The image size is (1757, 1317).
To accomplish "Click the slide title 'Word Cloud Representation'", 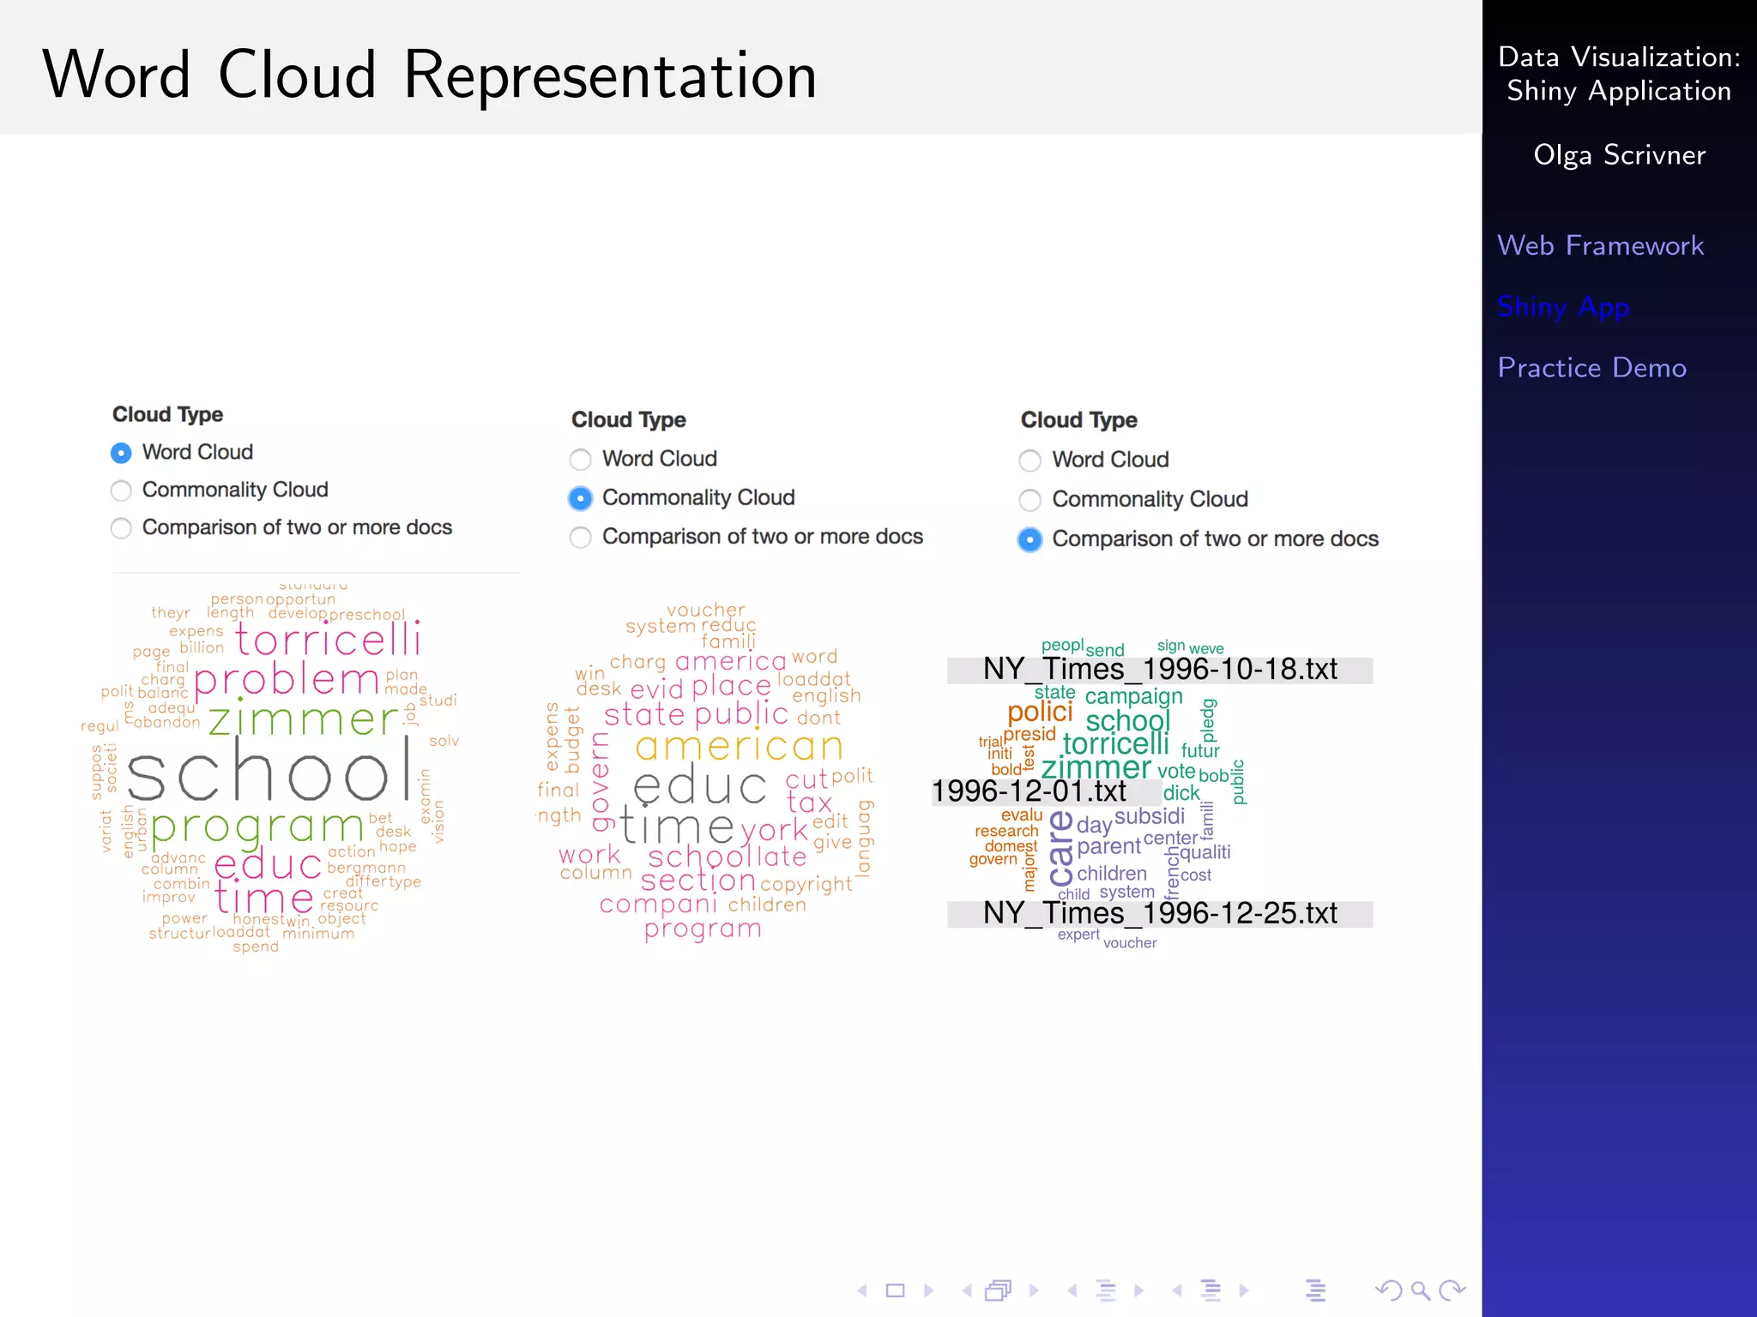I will (429, 75).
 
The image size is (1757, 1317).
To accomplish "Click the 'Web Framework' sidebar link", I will (1600, 246).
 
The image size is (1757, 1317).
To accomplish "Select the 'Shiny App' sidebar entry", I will (1562, 307).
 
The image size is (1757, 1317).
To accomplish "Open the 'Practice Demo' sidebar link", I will (1591, 368).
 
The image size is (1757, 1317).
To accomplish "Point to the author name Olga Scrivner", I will (1619, 155).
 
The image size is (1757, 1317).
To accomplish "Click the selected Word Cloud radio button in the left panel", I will (122, 453).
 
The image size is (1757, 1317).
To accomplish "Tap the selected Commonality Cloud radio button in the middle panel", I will (581, 498).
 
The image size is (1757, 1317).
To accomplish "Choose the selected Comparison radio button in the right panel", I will (1029, 539).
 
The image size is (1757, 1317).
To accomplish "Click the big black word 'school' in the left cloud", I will (270, 774).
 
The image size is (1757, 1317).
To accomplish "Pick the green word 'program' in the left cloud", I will (257, 827).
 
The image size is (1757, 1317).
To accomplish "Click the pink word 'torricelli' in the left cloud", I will (328, 640).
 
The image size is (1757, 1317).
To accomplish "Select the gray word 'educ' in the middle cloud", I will (700, 787).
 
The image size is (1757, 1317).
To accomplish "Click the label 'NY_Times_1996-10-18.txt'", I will (1160, 670).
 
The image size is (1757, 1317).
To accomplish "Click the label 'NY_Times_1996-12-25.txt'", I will (1160, 914).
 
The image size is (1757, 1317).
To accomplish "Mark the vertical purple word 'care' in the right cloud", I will (1061, 849).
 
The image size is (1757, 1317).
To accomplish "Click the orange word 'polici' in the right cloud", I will (1040, 712).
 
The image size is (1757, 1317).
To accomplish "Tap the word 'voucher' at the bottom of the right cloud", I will (1130, 943).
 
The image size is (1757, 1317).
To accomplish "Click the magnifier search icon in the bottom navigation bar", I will (1420, 1290).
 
